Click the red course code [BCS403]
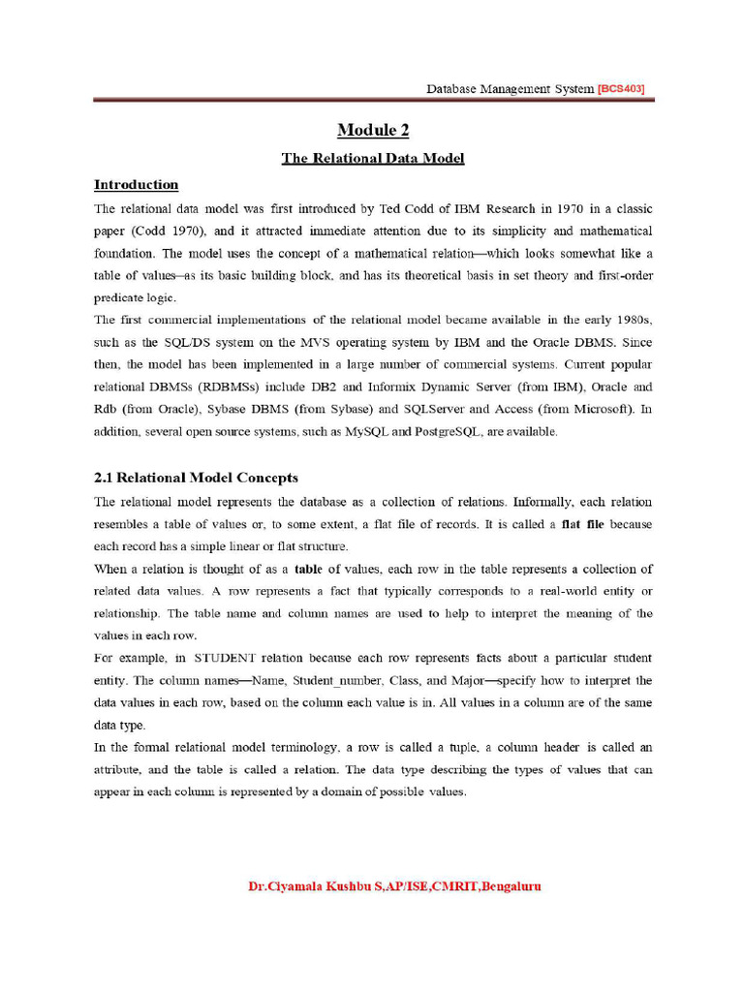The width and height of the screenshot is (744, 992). (x=621, y=88)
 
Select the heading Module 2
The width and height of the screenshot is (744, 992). (x=372, y=131)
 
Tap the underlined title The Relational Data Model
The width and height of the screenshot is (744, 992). (x=373, y=158)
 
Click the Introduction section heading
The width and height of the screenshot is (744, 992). (x=136, y=184)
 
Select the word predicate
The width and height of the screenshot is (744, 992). (x=117, y=298)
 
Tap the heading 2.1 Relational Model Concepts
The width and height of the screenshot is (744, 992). (x=196, y=478)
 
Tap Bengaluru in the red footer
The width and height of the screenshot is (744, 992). (x=504, y=885)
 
